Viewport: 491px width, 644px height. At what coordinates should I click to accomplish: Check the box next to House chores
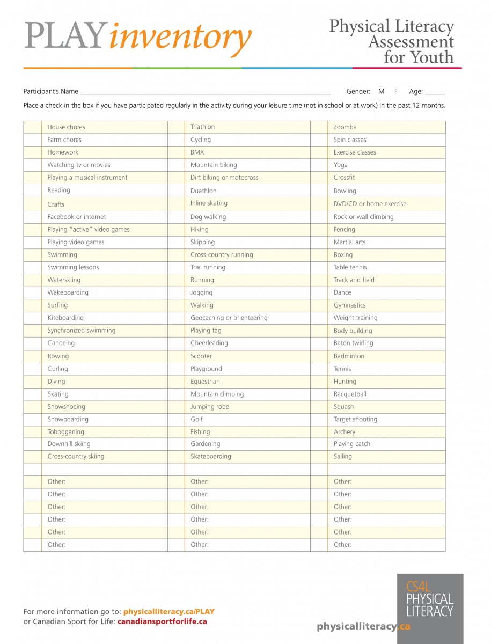tap(32, 127)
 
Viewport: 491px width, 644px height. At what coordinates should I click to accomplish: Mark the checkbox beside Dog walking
tap(176, 217)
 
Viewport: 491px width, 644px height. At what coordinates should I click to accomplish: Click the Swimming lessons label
tap(73, 267)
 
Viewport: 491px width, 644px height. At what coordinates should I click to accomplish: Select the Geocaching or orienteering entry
tap(229, 318)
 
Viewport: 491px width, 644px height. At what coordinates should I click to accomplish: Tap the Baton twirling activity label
tap(353, 343)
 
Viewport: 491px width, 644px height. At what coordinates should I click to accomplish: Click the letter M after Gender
tap(381, 92)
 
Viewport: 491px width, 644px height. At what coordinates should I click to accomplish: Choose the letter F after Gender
tap(396, 92)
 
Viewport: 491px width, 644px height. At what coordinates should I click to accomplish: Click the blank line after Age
tap(435, 92)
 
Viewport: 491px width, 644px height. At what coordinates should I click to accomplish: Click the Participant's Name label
tap(51, 92)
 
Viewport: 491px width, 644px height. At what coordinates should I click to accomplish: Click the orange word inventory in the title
tap(180, 38)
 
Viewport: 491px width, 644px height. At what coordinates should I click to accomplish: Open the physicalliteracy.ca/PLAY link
tap(168, 611)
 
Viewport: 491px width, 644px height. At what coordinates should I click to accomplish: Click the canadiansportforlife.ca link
tap(162, 621)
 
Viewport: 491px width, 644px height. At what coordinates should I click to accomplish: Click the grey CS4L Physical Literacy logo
tap(430, 602)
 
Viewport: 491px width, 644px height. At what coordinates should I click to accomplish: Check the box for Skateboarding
tap(176, 457)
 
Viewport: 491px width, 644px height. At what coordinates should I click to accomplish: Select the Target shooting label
tap(355, 419)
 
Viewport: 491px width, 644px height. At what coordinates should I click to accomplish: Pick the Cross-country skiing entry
tap(76, 457)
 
